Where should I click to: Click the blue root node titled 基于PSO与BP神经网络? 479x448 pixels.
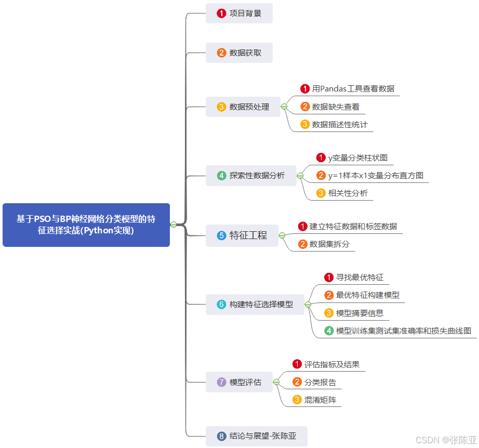coord(86,225)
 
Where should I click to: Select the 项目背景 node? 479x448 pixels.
coord(239,14)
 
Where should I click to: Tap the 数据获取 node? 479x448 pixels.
coord(239,52)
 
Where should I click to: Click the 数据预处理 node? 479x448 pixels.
coord(243,107)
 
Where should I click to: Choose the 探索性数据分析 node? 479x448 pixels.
coord(250,176)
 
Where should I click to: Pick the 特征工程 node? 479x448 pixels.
coord(242,235)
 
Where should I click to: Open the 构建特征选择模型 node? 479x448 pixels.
coord(255,304)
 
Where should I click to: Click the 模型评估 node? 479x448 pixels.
coord(239,382)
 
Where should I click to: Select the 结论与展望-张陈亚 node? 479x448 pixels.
coord(256,436)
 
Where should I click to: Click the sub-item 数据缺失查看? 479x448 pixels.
coord(336,107)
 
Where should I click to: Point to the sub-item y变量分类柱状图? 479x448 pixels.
coord(357,157)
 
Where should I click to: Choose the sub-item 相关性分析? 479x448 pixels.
coord(348,193)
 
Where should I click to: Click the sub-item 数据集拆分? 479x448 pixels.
coord(329,244)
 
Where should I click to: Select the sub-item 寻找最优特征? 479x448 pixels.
coord(359,278)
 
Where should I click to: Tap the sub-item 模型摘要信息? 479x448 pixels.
coord(360,313)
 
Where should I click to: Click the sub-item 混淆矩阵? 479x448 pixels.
coord(320,400)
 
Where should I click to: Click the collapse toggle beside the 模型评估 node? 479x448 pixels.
coord(276,382)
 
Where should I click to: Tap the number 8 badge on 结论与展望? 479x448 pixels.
coord(222,436)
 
